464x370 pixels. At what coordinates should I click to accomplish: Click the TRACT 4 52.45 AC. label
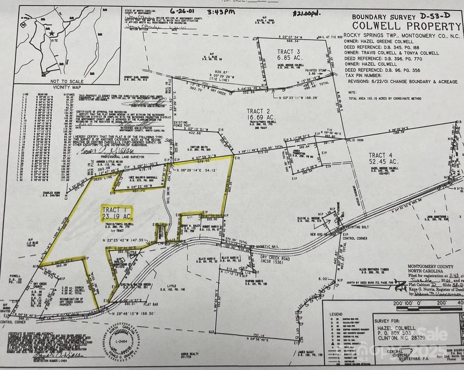[383, 158]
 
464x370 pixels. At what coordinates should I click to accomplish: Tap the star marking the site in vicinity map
[52, 33]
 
